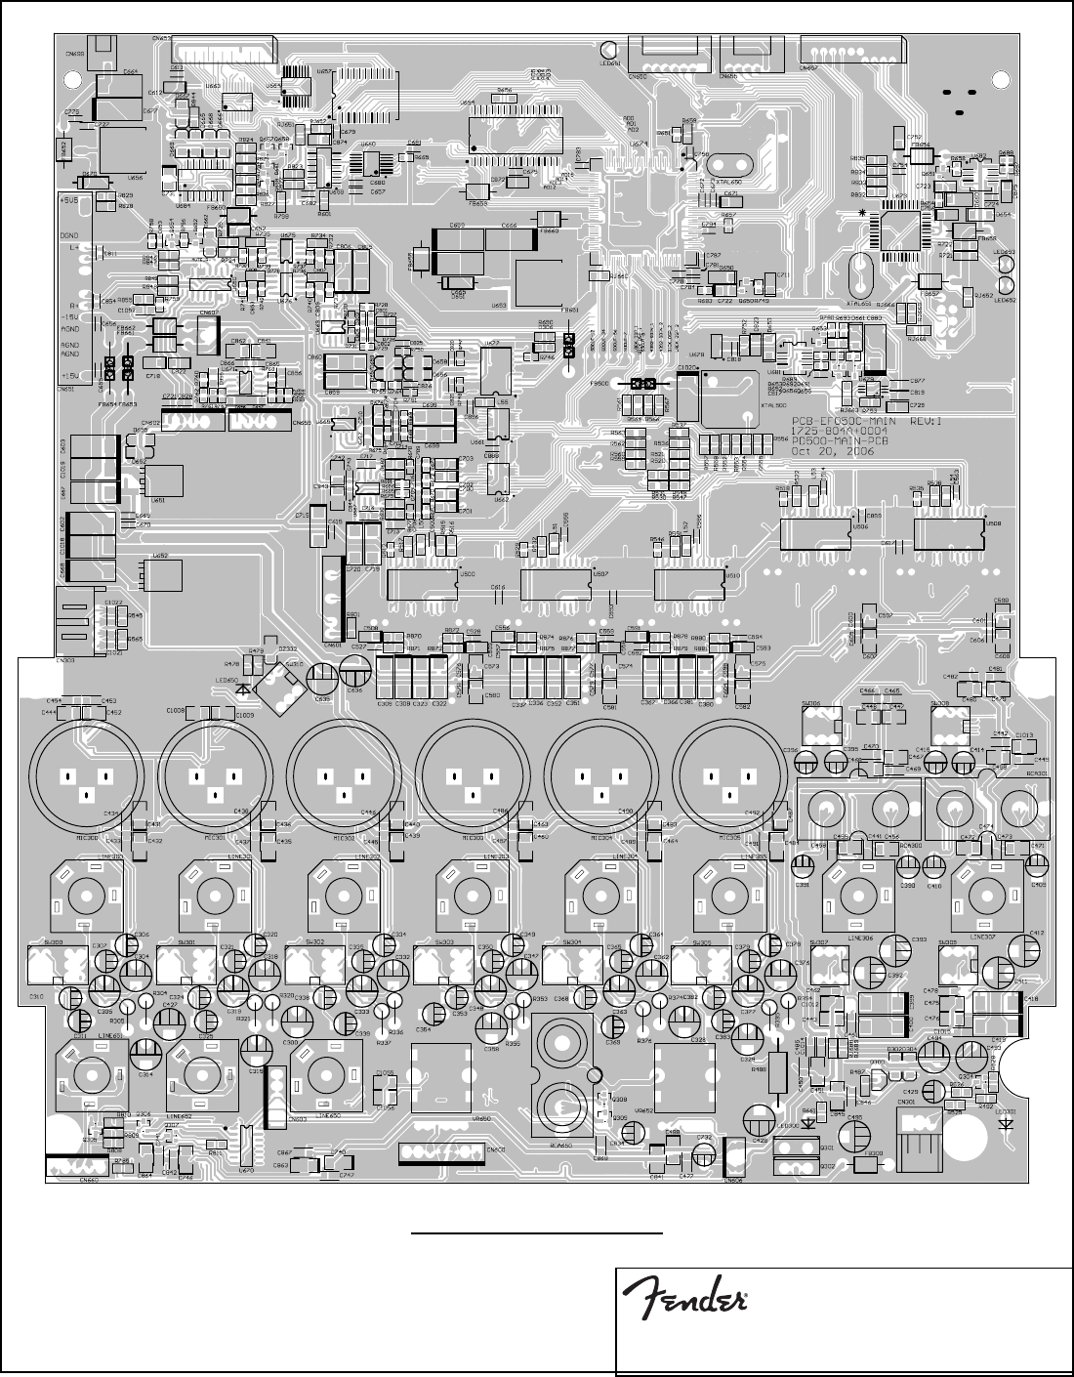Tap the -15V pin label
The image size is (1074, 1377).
(x=71, y=315)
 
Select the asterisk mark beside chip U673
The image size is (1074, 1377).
(x=862, y=213)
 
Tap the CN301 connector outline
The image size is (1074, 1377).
(x=917, y=1134)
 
